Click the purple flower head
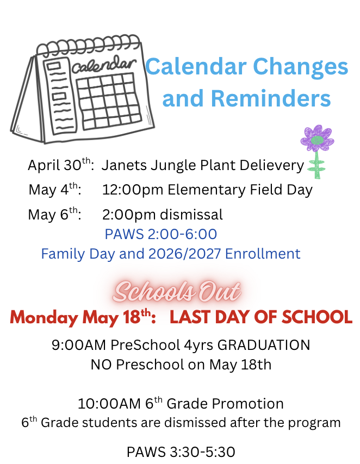coord(317,139)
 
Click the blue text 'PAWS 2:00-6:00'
coord(161,234)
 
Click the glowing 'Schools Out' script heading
coord(177,292)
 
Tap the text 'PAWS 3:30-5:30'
coord(181,452)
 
